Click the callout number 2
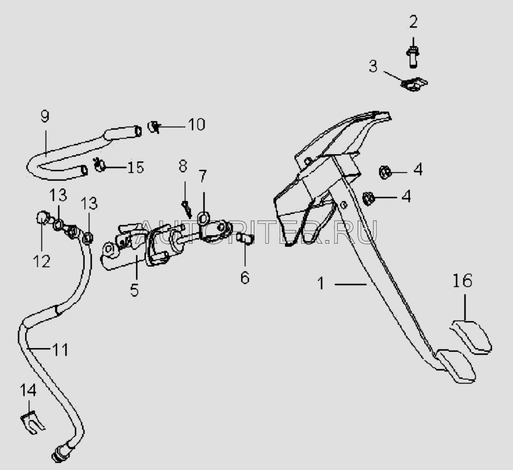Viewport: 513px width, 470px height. pos(413,23)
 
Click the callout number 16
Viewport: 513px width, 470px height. pos(463,280)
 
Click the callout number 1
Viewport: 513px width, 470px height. pos(321,283)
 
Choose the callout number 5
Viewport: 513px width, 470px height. pos(134,289)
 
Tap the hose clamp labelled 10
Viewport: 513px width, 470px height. pos(154,126)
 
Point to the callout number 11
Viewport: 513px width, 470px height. pos(61,349)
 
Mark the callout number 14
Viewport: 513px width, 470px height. pos(28,390)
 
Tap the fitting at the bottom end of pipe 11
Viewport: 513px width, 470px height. pos(61,453)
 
